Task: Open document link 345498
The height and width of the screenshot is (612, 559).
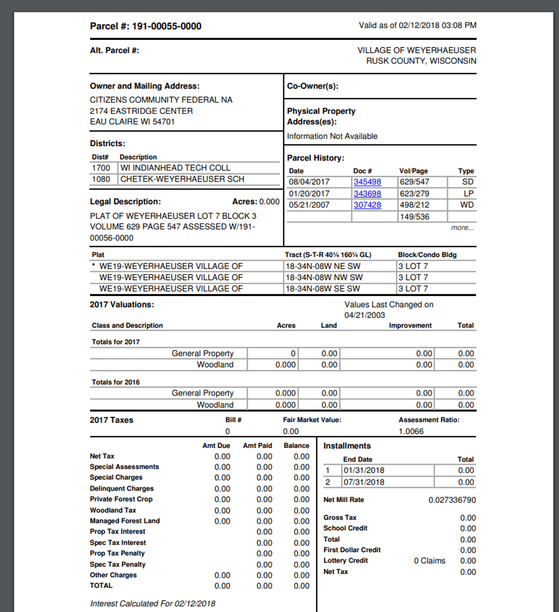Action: pyautogui.click(x=367, y=182)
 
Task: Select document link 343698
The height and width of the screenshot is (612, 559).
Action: pyautogui.click(x=367, y=194)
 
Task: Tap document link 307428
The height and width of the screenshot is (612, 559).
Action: pyautogui.click(x=367, y=205)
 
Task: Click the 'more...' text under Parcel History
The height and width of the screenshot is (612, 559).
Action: pyautogui.click(x=462, y=228)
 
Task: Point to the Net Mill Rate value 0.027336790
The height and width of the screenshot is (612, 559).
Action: pyautogui.click(x=452, y=500)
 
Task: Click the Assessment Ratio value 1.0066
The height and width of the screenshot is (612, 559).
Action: pyautogui.click(x=411, y=431)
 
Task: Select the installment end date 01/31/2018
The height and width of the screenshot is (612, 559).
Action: pyautogui.click(x=364, y=471)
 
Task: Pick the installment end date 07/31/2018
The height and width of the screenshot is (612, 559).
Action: pyautogui.click(x=364, y=482)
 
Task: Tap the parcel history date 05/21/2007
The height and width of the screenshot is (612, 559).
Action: pyautogui.click(x=309, y=205)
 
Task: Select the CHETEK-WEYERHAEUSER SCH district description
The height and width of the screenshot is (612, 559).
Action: pyautogui.click(x=182, y=178)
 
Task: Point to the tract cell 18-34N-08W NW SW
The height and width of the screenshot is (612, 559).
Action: pyautogui.click(x=323, y=277)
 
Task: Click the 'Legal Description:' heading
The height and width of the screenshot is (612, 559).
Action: pyautogui.click(x=125, y=202)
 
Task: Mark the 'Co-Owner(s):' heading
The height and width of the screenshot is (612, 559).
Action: pyautogui.click(x=312, y=86)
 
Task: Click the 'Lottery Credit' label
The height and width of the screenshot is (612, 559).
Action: pyautogui.click(x=345, y=561)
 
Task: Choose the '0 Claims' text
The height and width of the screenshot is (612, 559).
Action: pyautogui.click(x=430, y=561)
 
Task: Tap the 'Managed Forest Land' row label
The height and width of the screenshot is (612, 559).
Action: pyautogui.click(x=125, y=521)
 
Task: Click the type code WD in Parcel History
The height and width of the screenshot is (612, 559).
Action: pyautogui.click(x=467, y=205)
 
